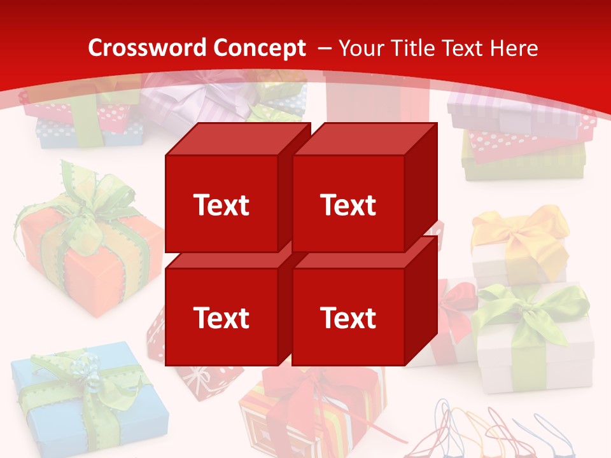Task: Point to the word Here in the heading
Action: pos(515,48)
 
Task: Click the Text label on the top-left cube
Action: pos(221,205)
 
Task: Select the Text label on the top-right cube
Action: pos(348,205)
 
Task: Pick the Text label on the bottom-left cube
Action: pos(221,317)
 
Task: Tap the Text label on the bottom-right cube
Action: pos(348,317)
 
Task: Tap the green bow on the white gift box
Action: pos(531,305)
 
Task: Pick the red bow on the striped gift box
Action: pos(305,388)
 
